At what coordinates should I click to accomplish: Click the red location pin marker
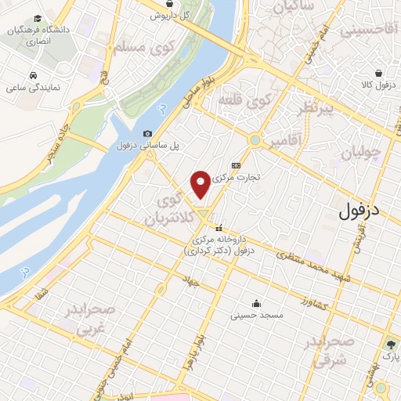coord(202,184)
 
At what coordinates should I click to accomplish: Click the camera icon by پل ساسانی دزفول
coord(148,134)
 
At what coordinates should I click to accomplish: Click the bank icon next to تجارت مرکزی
coord(236,164)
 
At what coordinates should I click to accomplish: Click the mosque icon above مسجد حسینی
coord(255,304)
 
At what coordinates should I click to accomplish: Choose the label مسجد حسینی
coord(252,316)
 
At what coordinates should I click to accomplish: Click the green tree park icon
coord(389,344)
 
